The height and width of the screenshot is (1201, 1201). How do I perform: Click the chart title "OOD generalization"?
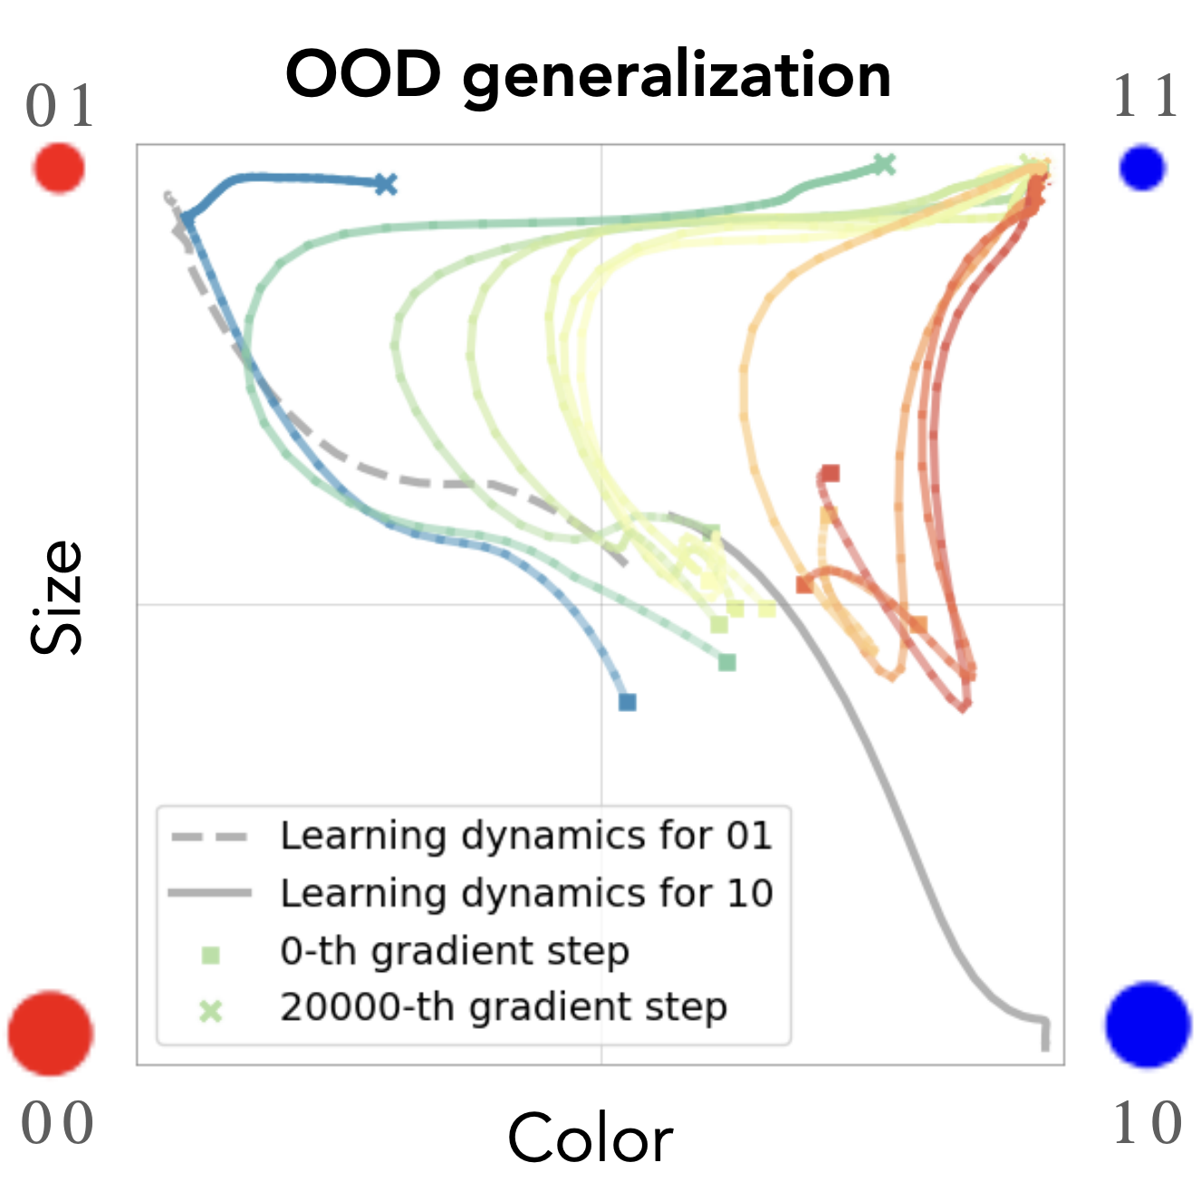point(589,75)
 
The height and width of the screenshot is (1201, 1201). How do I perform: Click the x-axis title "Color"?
point(590,1138)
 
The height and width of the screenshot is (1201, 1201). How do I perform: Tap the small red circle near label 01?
point(59,168)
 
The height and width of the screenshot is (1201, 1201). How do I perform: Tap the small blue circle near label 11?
point(1141,168)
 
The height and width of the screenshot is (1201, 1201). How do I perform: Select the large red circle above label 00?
point(51,1033)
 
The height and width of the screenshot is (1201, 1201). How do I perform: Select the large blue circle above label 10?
point(1148,1024)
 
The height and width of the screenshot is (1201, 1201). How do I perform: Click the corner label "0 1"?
point(60,106)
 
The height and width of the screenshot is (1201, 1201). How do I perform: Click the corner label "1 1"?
point(1146,97)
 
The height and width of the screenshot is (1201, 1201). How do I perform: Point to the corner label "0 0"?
point(57,1124)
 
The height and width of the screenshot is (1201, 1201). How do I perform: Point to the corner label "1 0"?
point(1147,1124)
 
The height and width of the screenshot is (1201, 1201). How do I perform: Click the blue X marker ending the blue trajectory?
point(386,185)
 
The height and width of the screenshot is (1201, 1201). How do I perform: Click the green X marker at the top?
point(884,164)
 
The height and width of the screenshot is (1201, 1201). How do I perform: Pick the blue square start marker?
point(628,702)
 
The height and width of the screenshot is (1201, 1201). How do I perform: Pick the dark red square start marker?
point(831,473)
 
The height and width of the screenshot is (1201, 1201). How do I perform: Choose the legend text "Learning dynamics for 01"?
point(526,835)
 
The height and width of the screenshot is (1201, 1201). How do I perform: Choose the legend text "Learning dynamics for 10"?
point(526,893)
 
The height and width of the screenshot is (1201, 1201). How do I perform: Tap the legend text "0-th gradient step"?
point(455,951)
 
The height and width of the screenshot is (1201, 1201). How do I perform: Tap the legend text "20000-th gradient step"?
point(504,1007)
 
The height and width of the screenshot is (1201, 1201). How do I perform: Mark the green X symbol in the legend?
point(210,1011)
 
